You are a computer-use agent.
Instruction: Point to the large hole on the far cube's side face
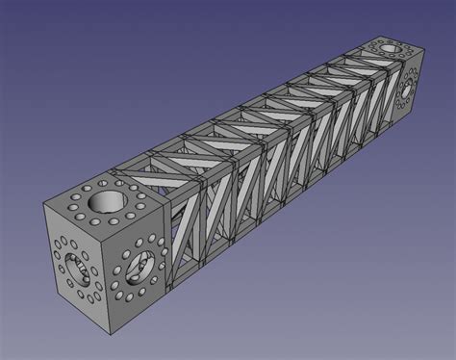coord(404,90)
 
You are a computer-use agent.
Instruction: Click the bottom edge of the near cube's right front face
coord(140,310)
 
